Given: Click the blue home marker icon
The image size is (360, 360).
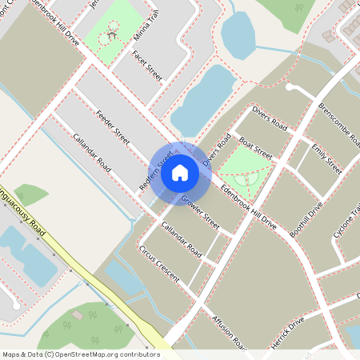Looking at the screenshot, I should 180,171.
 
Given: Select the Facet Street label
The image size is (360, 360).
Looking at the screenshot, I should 148,66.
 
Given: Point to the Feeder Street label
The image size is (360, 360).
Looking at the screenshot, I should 111,126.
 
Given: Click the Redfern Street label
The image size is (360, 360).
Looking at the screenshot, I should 156,169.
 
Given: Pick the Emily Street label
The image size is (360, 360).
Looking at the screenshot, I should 326,158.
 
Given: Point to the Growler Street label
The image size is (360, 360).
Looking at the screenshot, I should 199,209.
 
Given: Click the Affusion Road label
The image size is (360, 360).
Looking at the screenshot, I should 229,330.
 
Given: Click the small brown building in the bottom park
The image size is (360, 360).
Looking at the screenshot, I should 78,315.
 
